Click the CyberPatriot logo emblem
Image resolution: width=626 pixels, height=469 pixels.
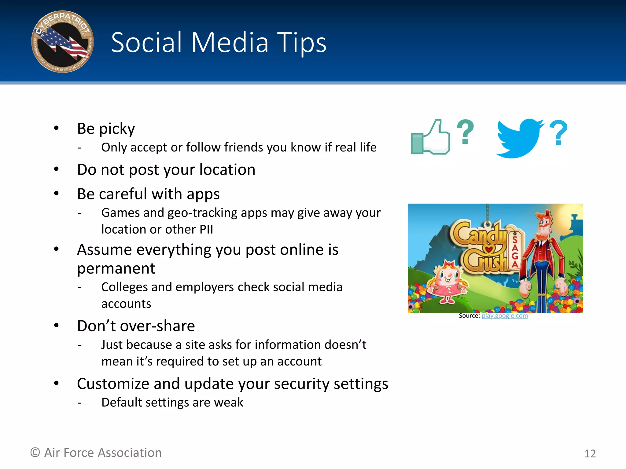[x=63, y=42]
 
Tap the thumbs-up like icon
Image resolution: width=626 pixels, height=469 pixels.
[x=431, y=137]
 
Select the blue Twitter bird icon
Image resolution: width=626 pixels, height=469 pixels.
[x=519, y=138]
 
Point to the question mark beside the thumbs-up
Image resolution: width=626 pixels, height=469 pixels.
[x=465, y=132]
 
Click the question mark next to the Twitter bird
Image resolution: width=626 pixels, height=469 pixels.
[x=558, y=133]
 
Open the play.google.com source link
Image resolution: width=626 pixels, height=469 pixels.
[x=505, y=316]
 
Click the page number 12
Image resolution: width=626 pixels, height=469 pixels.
[x=590, y=453]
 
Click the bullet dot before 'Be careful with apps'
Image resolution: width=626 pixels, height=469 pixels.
[x=56, y=194]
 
